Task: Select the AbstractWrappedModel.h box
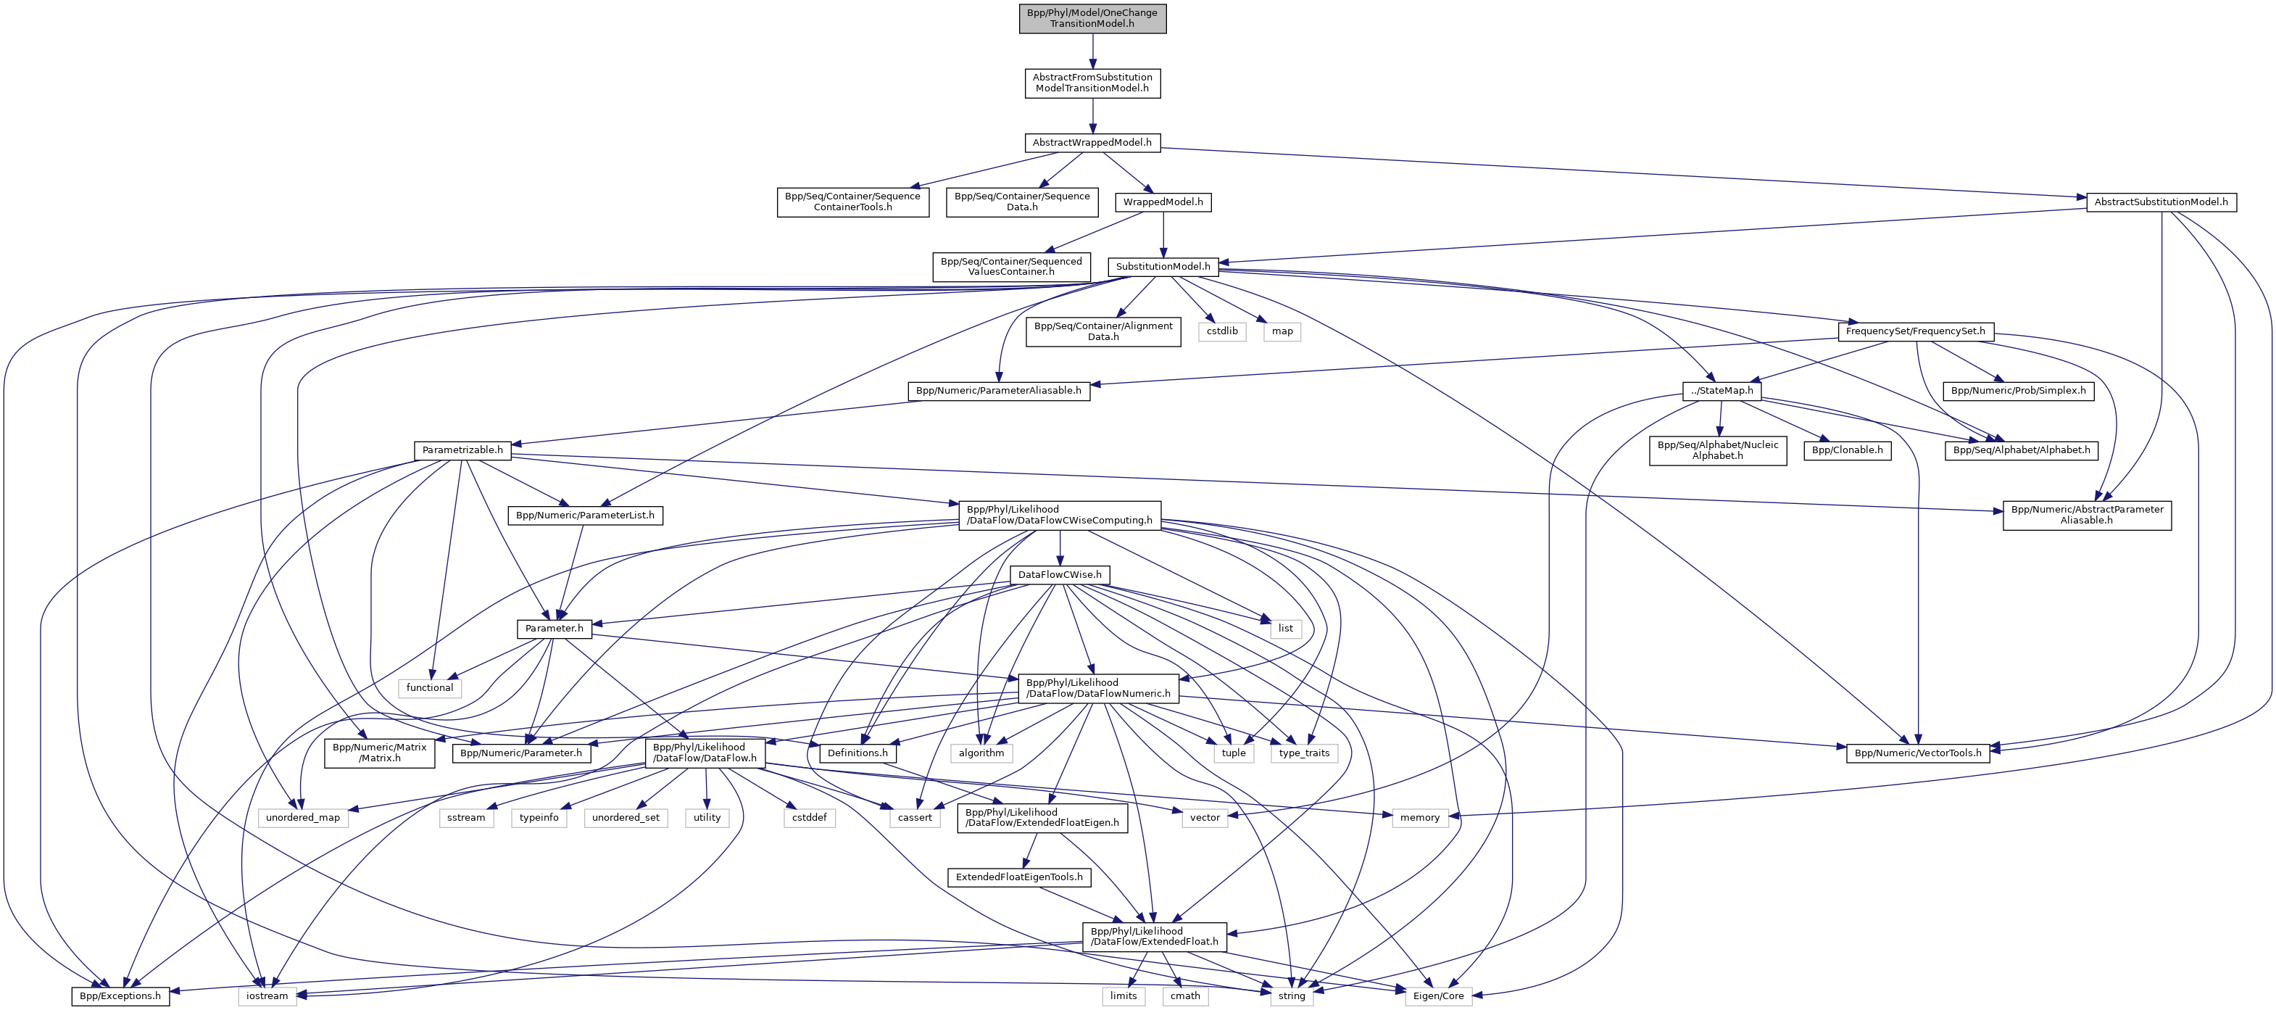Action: pos(1092,142)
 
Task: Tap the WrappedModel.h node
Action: pos(1163,202)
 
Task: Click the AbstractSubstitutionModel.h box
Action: pos(2160,202)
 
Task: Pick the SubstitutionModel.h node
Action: pos(1163,267)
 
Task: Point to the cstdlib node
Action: pos(1222,331)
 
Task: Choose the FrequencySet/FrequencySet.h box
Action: pos(1914,331)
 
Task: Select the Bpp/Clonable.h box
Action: pos(1847,450)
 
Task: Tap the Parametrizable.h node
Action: pos(462,450)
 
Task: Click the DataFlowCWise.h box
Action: pos(1060,574)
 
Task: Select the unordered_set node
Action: pos(626,817)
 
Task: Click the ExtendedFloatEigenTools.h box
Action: pos(1018,877)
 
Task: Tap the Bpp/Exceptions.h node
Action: pos(120,996)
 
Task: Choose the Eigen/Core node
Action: pos(1438,996)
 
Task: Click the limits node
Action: pos(1123,996)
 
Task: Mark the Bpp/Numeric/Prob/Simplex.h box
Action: pos(2018,391)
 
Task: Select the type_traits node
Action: pos(1304,753)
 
